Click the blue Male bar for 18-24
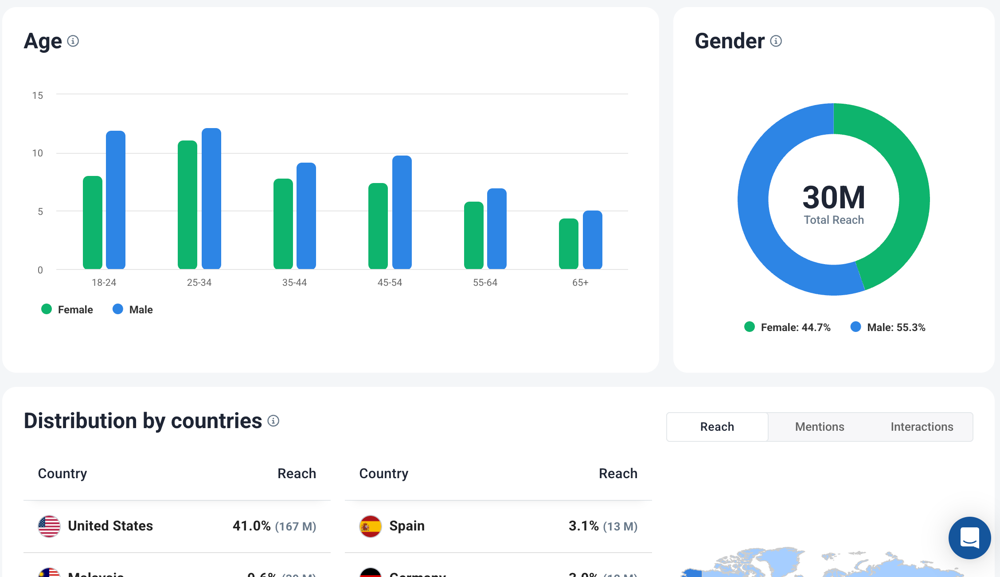[116, 199]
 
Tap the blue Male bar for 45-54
[402, 212]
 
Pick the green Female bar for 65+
[569, 244]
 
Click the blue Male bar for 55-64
[497, 229]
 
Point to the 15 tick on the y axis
[38, 95]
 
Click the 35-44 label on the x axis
[294, 283]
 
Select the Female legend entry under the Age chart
[67, 310]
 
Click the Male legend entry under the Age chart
[133, 310]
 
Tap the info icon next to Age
[73, 41]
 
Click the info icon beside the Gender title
[776, 41]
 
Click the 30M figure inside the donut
[834, 197]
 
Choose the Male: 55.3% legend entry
[888, 327]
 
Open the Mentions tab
[820, 427]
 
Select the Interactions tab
[922, 427]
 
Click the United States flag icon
[49, 526]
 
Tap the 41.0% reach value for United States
[252, 526]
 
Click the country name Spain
[407, 526]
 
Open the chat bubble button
[969, 538]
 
